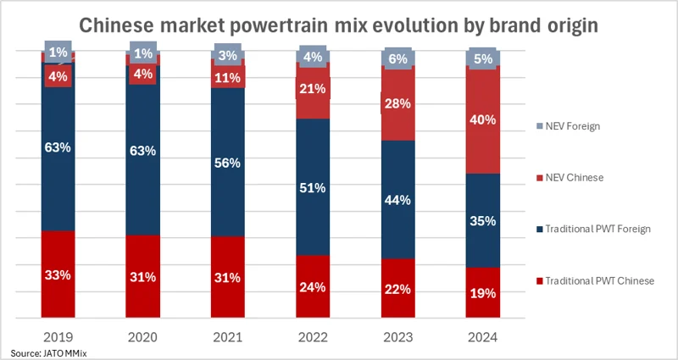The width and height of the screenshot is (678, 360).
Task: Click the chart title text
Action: point(339,25)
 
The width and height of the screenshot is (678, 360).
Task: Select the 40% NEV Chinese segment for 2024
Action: point(483,120)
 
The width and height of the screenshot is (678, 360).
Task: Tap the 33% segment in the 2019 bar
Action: point(58,274)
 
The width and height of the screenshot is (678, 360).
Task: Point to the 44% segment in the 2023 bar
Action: point(397,200)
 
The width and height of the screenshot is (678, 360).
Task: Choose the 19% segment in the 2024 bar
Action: point(483,293)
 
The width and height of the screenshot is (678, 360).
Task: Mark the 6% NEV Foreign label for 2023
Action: point(397,58)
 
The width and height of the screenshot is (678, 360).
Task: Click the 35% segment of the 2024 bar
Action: point(483,222)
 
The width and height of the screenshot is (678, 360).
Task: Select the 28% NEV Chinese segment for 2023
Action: point(397,103)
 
